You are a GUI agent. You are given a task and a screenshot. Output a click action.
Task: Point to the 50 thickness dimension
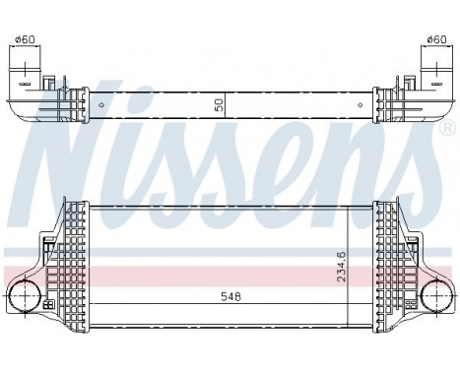point(219,102)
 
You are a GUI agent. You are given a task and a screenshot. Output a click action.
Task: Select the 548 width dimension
point(229,294)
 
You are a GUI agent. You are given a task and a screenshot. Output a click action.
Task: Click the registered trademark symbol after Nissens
point(444,129)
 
